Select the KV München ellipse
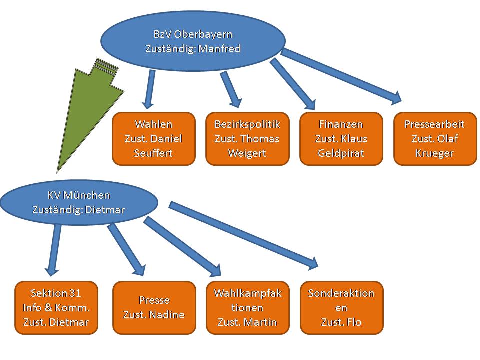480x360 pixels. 79,202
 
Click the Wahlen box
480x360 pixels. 154,138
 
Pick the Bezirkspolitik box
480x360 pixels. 247,138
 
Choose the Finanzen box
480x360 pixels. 341,138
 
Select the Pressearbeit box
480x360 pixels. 435,138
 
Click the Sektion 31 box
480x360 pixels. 56,307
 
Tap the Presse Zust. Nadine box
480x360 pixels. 154,307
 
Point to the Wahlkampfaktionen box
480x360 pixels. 247,307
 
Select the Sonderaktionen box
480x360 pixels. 341,307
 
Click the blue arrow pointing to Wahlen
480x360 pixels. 149,90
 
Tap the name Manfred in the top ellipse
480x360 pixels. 220,49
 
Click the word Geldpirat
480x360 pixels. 341,153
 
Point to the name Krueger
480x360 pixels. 435,153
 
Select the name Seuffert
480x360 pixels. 154,153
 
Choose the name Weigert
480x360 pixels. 247,153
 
